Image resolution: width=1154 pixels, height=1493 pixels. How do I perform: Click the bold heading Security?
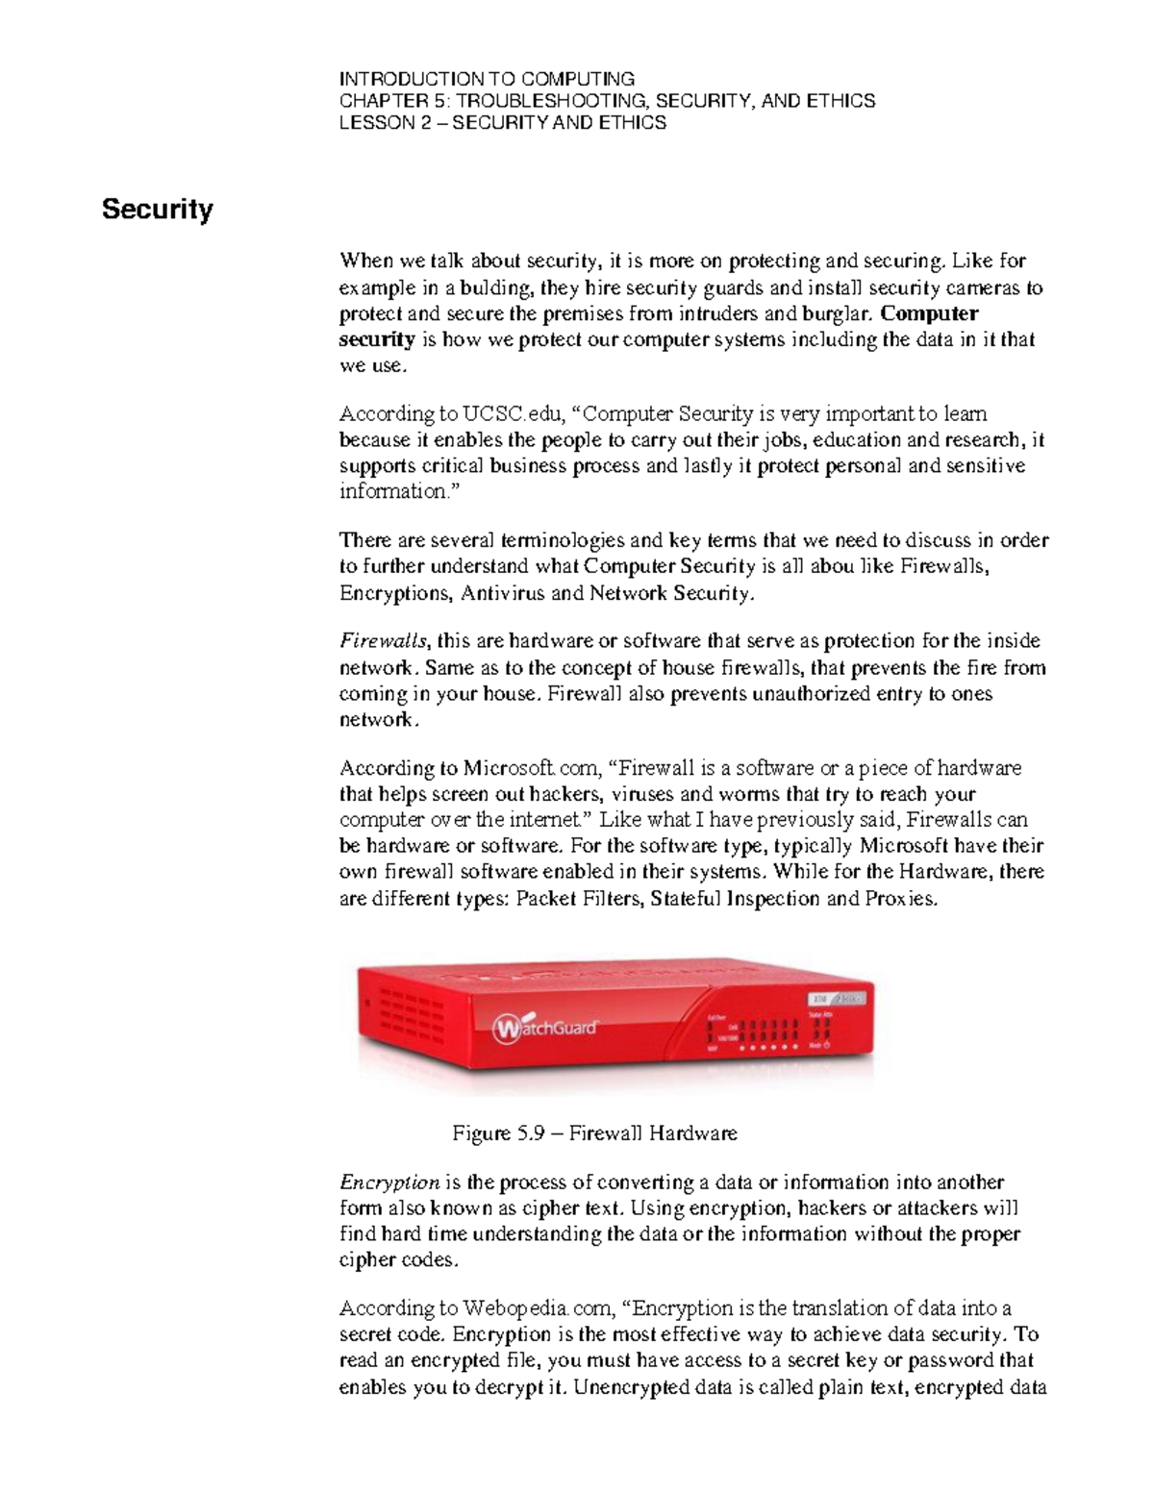click(157, 209)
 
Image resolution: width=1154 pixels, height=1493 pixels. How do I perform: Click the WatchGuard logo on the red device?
click(545, 1028)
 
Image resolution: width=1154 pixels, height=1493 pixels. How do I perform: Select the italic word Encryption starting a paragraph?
click(389, 1182)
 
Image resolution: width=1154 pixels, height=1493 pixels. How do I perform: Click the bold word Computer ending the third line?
click(929, 313)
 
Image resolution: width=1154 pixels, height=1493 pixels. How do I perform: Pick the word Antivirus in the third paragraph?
click(502, 593)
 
